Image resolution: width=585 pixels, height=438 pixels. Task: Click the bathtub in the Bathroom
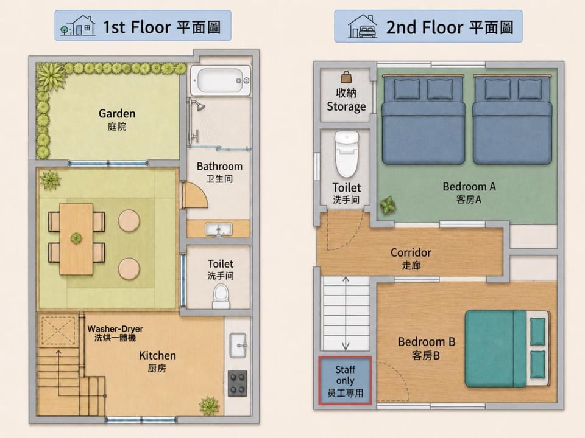(221, 80)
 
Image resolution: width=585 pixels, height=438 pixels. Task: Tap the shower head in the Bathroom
(200, 107)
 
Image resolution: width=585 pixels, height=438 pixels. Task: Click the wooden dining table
(76, 238)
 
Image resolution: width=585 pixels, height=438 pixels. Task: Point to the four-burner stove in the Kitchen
(237, 383)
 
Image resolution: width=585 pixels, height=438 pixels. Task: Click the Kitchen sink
(238, 346)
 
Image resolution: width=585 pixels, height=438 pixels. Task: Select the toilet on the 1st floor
(221, 296)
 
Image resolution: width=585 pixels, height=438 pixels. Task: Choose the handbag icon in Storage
(346, 77)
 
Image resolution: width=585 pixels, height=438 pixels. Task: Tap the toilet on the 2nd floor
(347, 154)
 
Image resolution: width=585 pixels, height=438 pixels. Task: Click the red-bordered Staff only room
(345, 381)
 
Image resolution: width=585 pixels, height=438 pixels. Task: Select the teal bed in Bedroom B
(507, 349)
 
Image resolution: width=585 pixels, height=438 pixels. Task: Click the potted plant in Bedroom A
(388, 205)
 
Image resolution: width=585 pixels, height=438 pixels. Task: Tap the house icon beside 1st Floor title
(78, 26)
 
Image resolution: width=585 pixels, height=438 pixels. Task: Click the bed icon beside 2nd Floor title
(362, 26)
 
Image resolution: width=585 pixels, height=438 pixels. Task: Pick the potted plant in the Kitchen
(209, 406)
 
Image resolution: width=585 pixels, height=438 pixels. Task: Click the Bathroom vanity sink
(219, 229)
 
